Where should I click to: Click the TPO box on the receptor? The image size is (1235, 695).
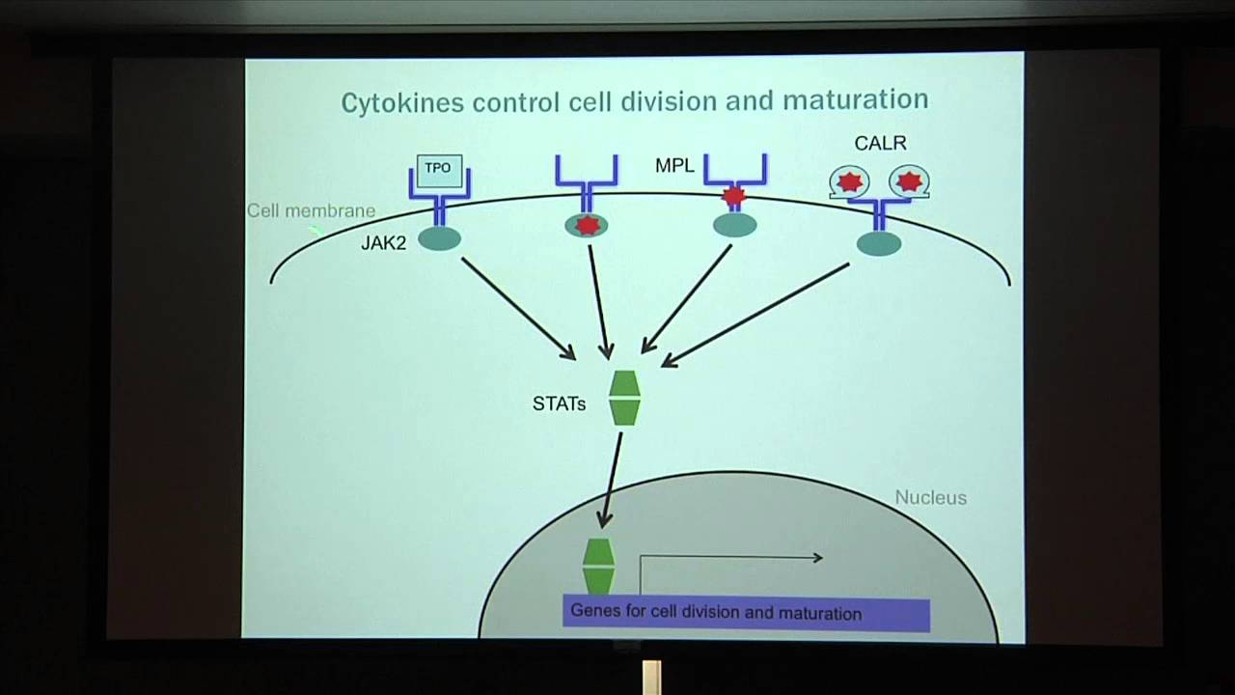pyautogui.click(x=439, y=171)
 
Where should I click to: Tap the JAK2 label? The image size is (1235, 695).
pyautogui.click(x=384, y=242)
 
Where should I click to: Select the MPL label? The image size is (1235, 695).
pyautogui.click(x=674, y=165)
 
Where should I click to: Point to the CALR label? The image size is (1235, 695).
pyautogui.click(x=881, y=143)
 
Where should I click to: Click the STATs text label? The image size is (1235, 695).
pyautogui.click(x=559, y=403)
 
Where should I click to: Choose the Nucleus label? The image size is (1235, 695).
pyautogui.click(x=931, y=497)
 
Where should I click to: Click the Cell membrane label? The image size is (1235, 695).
pyautogui.click(x=311, y=210)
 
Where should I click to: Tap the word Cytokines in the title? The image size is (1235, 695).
pyautogui.click(x=402, y=102)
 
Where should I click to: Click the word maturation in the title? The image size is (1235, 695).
pyautogui.click(x=856, y=99)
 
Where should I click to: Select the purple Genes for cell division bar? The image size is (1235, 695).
pyautogui.click(x=747, y=613)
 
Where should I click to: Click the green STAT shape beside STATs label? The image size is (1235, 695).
pyautogui.click(x=624, y=399)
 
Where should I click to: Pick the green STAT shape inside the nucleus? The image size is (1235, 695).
pyautogui.click(x=599, y=567)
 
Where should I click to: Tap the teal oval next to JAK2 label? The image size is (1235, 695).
pyautogui.click(x=439, y=239)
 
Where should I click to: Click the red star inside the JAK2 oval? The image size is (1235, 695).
pyautogui.click(x=588, y=226)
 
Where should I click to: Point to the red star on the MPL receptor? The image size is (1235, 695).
pyautogui.click(x=734, y=195)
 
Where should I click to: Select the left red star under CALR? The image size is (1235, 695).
pyautogui.click(x=850, y=182)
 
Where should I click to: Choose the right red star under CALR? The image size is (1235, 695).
pyautogui.click(x=909, y=181)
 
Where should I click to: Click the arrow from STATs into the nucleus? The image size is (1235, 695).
pyautogui.click(x=612, y=480)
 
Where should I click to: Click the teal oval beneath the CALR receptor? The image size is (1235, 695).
pyautogui.click(x=879, y=243)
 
